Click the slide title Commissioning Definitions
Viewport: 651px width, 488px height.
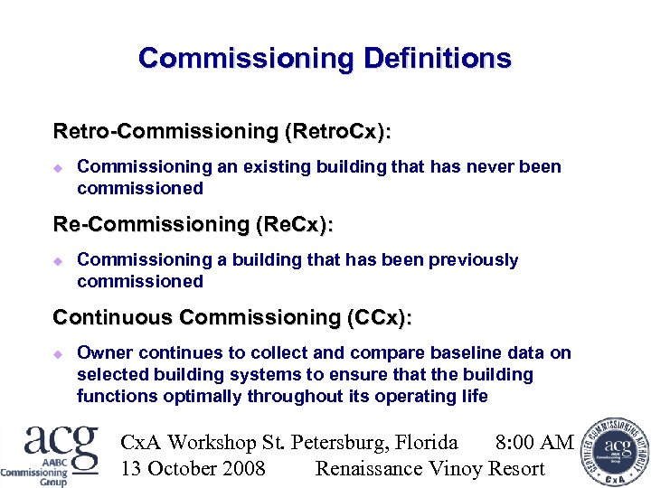click(325, 60)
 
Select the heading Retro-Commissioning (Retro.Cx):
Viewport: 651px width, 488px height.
click(222, 132)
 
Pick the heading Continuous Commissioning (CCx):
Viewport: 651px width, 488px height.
click(232, 318)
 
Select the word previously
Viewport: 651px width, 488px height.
click(475, 260)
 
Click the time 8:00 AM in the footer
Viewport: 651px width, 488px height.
click(534, 442)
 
